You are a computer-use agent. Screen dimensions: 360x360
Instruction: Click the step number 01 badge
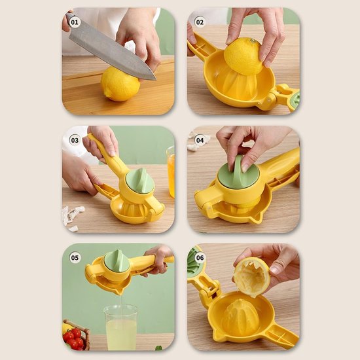(x=75, y=22)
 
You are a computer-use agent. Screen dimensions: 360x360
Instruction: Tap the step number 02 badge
(x=200, y=22)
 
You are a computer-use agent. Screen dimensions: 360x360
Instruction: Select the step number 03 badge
(x=75, y=140)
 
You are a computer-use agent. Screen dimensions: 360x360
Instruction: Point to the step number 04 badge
(x=200, y=140)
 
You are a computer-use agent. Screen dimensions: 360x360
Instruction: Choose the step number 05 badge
(x=75, y=258)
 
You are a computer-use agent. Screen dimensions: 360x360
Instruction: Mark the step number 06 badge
(x=200, y=258)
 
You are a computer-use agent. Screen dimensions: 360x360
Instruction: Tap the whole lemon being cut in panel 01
(x=120, y=84)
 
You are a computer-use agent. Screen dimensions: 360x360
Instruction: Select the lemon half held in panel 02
(x=243, y=56)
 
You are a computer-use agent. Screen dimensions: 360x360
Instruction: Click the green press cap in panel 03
(x=140, y=181)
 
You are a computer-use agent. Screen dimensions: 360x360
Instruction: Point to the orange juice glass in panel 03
(x=171, y=172)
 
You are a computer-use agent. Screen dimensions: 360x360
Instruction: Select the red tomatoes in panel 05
(x=73, y=338)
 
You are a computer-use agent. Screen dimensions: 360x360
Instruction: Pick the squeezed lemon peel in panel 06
(x=252, y=278)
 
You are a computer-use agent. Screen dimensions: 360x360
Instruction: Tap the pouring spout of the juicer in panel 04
(x=258, y=219)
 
